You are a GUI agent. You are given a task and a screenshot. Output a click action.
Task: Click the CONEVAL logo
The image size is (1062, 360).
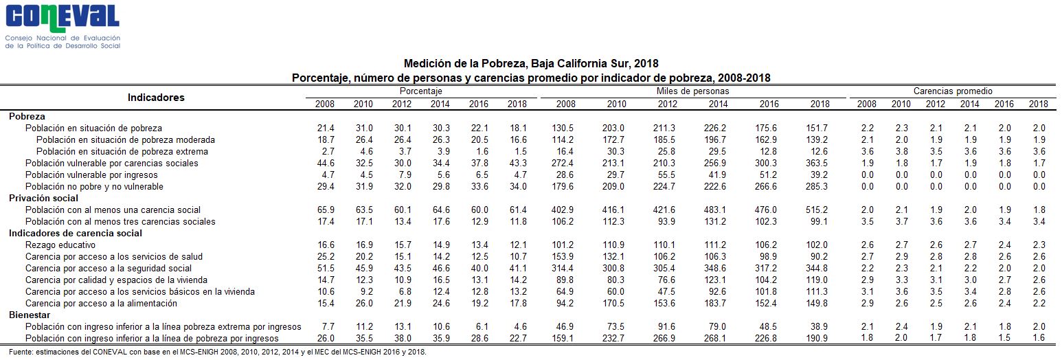[63, 27]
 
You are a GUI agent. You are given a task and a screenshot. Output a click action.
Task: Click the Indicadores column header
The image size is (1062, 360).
[156, 98]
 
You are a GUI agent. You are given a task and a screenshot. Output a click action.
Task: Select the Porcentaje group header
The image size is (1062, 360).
[420, 91]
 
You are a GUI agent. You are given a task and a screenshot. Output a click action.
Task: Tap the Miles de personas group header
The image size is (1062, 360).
[692, 91]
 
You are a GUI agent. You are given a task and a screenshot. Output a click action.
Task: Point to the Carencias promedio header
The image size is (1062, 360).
[953, 91]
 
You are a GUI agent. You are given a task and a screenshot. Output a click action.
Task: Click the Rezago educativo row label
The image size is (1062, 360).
[60, 245]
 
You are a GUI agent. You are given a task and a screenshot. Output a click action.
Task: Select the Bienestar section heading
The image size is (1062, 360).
[30, 315]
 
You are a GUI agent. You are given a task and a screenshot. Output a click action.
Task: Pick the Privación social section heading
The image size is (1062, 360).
[43, 199]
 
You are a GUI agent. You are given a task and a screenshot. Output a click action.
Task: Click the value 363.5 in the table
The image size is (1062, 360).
[816, 163]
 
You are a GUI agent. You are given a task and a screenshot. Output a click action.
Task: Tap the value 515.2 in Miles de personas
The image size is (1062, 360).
[816, 210]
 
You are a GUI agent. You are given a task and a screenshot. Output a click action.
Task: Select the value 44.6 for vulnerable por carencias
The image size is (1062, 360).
[326, 163]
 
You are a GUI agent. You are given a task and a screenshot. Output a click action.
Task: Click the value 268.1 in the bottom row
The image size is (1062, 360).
[714, 338]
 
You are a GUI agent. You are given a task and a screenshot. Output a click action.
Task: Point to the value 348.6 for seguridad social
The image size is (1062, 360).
[714, 269]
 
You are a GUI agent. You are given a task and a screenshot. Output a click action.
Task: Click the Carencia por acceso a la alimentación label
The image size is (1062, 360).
[101, 304]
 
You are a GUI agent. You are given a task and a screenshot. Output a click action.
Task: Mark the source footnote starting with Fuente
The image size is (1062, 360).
[218, 352]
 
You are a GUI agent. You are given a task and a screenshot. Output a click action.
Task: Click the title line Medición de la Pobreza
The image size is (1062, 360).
[531, 64]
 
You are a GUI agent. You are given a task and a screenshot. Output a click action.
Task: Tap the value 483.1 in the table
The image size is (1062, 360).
[714, 210]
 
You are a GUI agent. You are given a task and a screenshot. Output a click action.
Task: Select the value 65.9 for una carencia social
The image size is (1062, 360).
[326, 210]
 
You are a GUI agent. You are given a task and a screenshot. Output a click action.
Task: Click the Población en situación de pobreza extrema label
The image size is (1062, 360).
[122, 152]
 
